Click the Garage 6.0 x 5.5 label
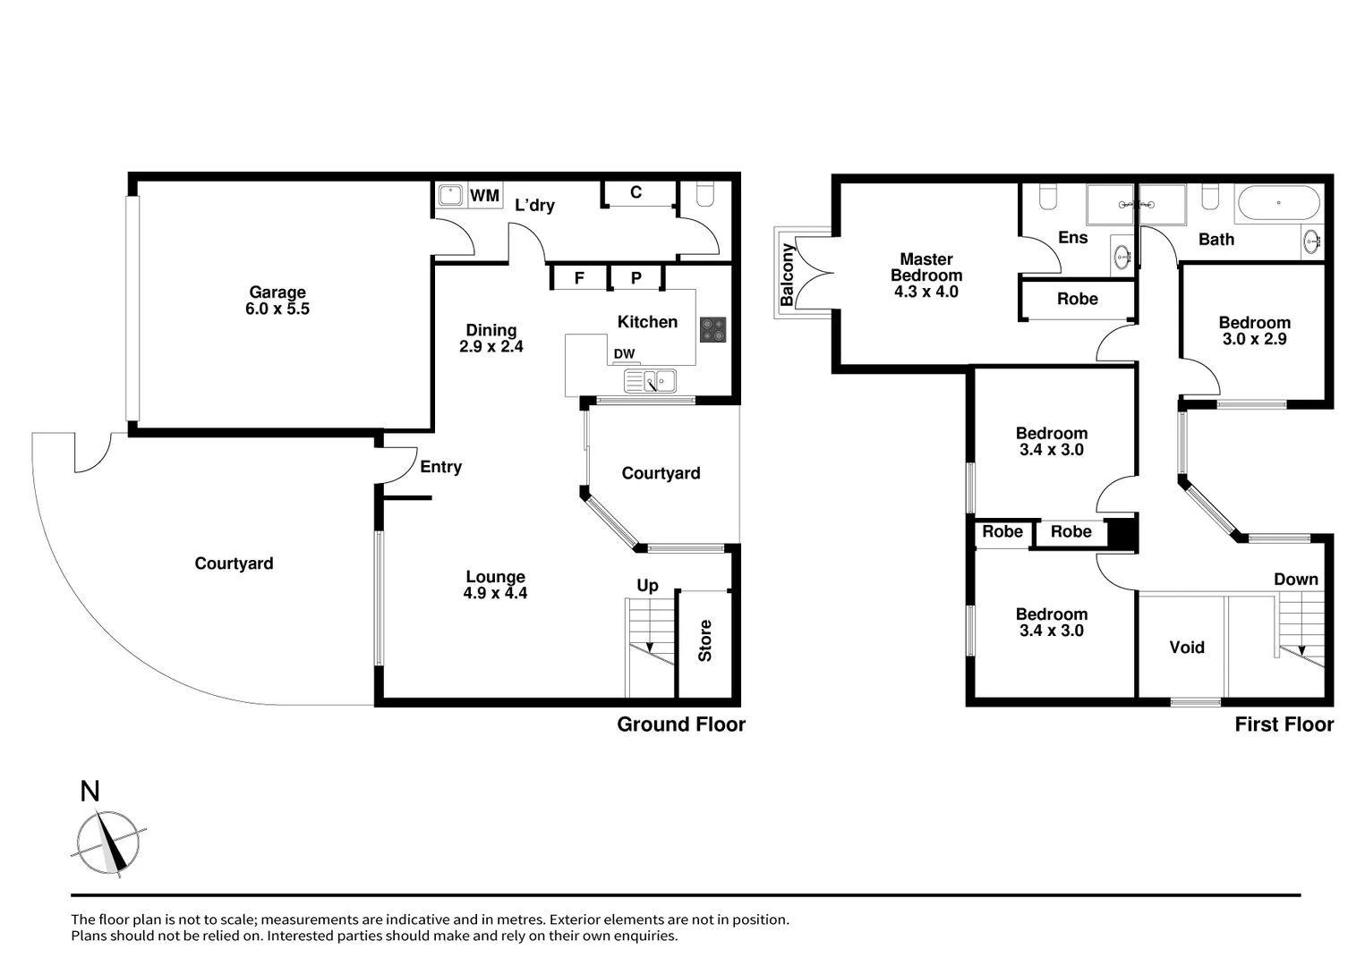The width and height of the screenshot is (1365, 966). tap(277, 301)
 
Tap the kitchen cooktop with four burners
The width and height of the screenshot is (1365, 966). tap(712, 329)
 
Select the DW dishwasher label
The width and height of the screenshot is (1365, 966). tap(624, 354)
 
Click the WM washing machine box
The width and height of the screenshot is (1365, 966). tap(484, 196)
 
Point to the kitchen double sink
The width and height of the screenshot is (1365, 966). tap(651, 382)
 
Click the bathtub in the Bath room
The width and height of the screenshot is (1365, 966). tap(1277, 204)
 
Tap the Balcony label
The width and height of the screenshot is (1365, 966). tap(787, 275)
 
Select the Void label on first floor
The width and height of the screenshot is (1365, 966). tap(1187, 647)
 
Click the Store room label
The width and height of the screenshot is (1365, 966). tap(705, 640)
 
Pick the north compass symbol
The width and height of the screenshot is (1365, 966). tap(108, 843)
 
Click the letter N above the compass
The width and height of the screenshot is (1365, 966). tap(90, 792)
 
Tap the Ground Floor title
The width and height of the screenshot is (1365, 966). tap(680, 724)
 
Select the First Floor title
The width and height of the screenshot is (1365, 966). tap(1284, 724)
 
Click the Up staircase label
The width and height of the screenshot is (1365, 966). tap(647, 585)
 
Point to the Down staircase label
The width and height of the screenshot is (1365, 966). tap(1295, 580)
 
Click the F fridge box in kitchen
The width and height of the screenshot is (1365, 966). tap(579, 278)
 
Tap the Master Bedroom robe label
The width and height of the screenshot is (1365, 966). tap(1077, 299)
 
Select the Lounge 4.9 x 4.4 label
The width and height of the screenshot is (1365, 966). tap(495, 585)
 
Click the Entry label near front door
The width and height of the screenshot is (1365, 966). tap(440, 467)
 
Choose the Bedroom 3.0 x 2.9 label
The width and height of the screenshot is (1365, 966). tap(1254, 330)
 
